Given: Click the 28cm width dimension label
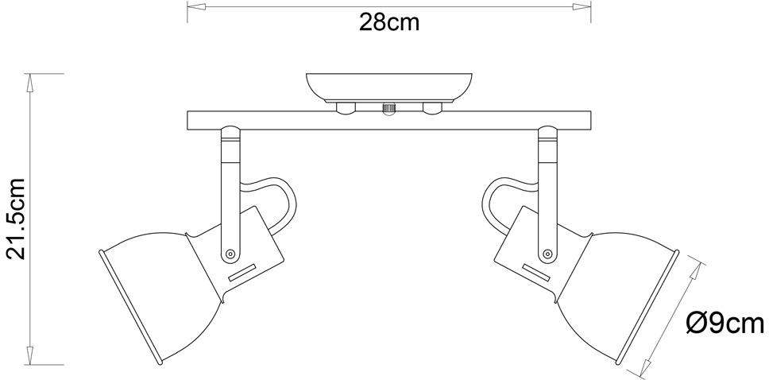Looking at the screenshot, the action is click(x=389, y=22).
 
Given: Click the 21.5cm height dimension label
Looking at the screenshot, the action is click(x=16, y=219).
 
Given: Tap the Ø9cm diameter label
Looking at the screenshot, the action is click(x=725, y=324).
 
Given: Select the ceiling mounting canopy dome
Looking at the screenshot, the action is click(x=389, y=88).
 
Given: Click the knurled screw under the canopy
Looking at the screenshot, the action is click(x=389, y=109).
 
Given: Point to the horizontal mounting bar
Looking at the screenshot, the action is click(x=389, y=121).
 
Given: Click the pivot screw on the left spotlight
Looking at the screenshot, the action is click(x=230, y=254).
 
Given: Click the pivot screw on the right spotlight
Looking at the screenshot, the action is click(x=548, y=254).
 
